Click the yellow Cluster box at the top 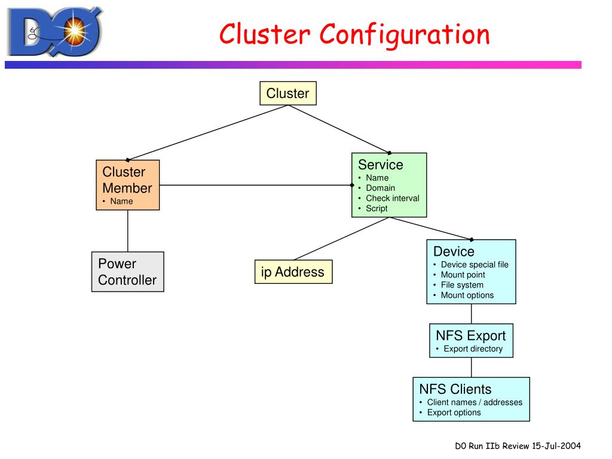point(288,93)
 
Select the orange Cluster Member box point(128,185)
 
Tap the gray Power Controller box point(128,272)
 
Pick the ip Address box point(293,272)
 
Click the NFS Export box point(471,340)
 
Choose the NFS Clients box point(471,399)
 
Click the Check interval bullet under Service point(392,198)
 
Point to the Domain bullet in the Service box point(380,188)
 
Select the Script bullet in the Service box point(377,209)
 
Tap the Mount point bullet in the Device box point(463,275)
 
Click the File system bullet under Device point(462,285)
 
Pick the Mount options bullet point(467,295)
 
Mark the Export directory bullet point(473,348)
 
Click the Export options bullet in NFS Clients point(454,412)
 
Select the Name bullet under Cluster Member point(121,201)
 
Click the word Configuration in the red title point(405,35)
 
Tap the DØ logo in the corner point(55,32)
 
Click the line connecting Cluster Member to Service point(256,185)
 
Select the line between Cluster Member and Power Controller point(128,231)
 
